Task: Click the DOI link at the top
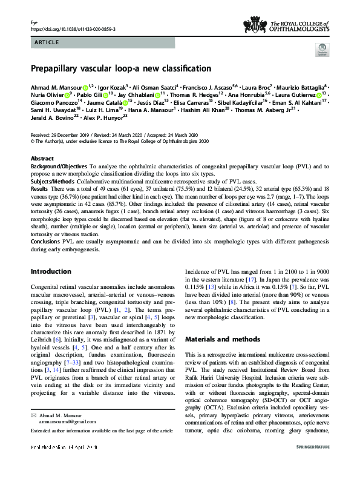[73, 28]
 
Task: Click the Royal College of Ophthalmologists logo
[286, 25]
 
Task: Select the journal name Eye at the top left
[34, 22]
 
